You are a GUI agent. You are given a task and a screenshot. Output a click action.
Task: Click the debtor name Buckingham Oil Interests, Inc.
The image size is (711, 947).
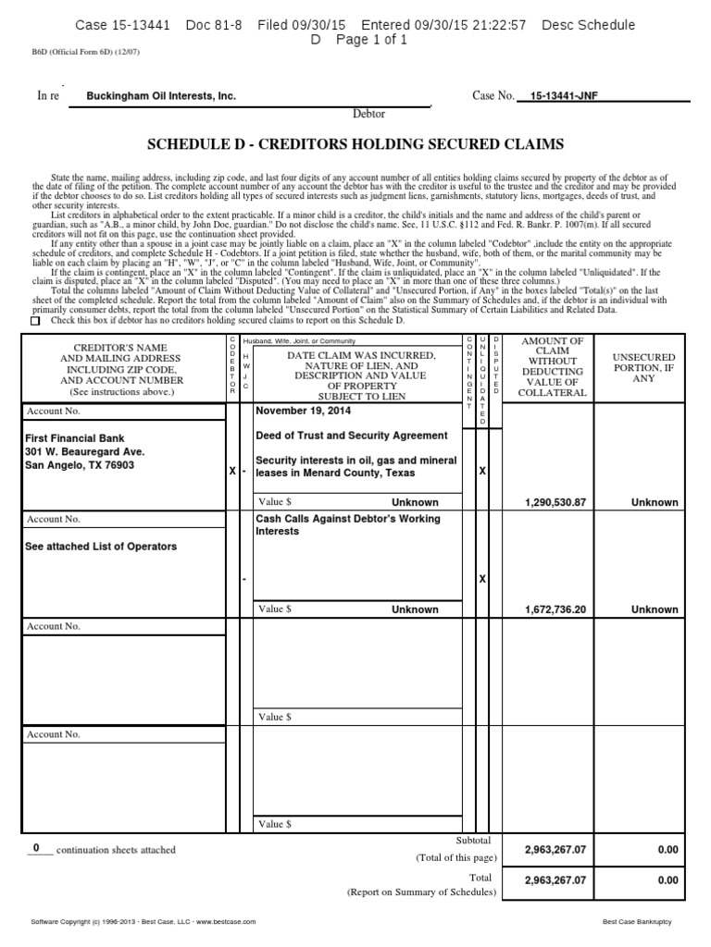(161, 96)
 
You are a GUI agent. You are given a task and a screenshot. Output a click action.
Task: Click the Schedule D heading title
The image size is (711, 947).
(355, 145)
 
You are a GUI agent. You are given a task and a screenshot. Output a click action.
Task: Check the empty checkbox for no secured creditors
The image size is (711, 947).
(35, 321)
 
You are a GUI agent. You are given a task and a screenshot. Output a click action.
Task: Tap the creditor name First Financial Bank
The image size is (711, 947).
(74, 437)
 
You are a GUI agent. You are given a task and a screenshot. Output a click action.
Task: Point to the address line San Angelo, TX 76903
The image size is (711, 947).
(80, 465)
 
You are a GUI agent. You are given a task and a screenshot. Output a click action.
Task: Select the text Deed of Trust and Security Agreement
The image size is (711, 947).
(352, 436)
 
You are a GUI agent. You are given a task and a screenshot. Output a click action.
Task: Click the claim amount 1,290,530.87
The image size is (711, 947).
(555, 503)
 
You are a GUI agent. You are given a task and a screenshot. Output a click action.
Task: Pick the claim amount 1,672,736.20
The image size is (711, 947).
(555, 610)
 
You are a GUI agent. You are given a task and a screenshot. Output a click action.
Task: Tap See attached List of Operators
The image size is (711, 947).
(101, 547)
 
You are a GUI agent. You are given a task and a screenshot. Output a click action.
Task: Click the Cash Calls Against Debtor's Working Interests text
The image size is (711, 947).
(348, 525)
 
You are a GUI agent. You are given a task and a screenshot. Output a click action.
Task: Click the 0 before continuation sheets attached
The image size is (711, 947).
(36, 848)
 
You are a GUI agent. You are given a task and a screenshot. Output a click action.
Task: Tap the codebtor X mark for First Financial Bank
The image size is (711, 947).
(231, 471)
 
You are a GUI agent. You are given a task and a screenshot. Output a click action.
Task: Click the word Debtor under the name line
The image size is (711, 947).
(368, 114)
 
